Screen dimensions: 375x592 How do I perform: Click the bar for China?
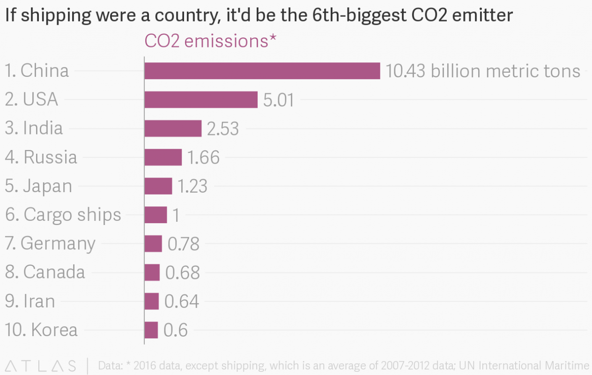(x=262, y=71)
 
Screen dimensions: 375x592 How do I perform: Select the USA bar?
(x=201, y=99)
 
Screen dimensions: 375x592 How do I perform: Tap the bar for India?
(x=173, y=128)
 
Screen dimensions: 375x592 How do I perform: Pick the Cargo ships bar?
(x=155, y=215)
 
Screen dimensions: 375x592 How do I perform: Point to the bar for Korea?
(x=151, y=330)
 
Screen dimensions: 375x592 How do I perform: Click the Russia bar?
(x=163, y=157)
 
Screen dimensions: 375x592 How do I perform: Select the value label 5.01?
(x=279, y=100)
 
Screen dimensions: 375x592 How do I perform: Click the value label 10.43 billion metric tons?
(x=483, y=71)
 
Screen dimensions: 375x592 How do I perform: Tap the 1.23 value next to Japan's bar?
(x=192, y=186)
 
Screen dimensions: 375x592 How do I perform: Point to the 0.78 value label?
(x=183, y=244)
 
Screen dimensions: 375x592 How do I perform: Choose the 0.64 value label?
(x=182, y=301)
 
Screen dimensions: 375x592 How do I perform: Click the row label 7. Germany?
(x=50, y=243)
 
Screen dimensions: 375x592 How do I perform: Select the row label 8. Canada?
(x=45, y=272)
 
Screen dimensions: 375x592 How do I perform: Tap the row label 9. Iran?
(x=30, y=301)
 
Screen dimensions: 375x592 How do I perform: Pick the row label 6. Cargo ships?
(x=63, y=215)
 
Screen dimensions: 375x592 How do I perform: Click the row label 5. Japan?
(x=38, y=186)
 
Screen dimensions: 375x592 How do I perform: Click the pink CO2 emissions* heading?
(x=210, y=41)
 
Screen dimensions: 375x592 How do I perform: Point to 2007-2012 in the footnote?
(x=420, y=366)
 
